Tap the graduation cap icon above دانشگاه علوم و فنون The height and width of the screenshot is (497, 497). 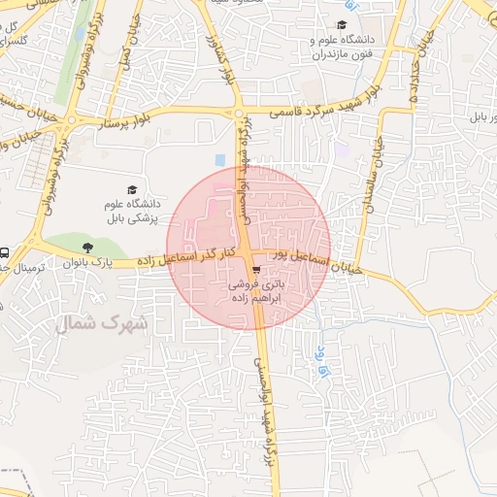(x=342, y=25)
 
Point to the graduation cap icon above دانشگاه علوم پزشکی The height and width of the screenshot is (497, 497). (x=132, y=188)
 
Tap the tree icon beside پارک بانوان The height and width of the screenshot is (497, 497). (x=89, y=248)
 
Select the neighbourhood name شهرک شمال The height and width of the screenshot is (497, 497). (x=102, y=323)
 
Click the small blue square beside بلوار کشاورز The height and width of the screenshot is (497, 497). (x=220, y=158)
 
